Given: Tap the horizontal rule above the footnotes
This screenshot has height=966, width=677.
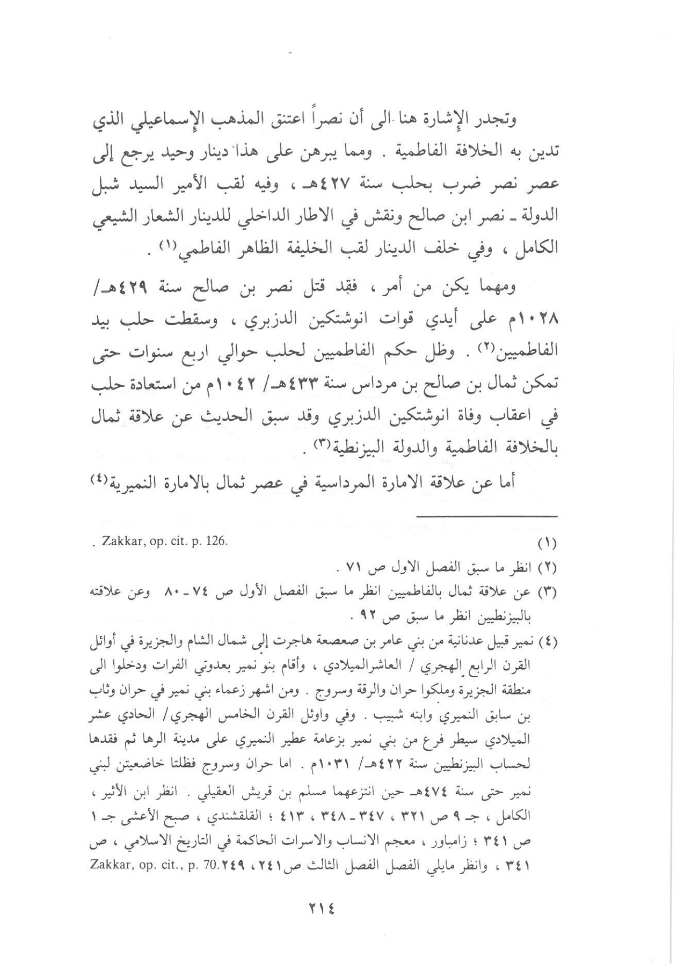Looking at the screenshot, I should pyautogui.click(x=487, y=516).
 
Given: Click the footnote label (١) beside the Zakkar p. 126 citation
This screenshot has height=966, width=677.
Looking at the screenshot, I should pyautogui.click(x=547, y=543).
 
